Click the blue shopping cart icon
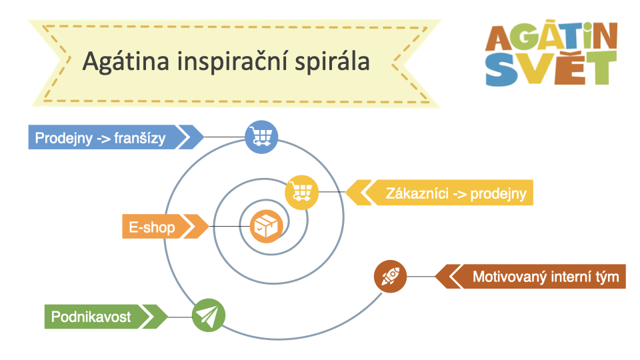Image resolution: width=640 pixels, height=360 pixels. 261,137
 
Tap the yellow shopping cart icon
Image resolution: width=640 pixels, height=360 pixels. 301,192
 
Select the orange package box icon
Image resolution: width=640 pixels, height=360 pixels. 267,226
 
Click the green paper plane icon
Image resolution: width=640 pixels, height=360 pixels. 209,315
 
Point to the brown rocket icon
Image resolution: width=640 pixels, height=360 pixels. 390,276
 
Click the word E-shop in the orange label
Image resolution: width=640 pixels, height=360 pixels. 152,227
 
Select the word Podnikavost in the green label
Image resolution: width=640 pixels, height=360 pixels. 91,317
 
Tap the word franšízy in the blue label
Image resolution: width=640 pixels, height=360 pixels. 139,139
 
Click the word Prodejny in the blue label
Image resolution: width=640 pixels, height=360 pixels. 64,139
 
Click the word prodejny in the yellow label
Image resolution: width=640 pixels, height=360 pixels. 499,194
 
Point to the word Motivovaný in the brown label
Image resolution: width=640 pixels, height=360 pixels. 509,277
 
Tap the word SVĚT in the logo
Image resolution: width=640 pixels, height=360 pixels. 551,68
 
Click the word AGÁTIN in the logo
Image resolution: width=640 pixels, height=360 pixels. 551,36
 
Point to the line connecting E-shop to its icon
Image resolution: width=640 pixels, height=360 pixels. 229,227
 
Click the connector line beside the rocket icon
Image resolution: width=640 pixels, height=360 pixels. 421,277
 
